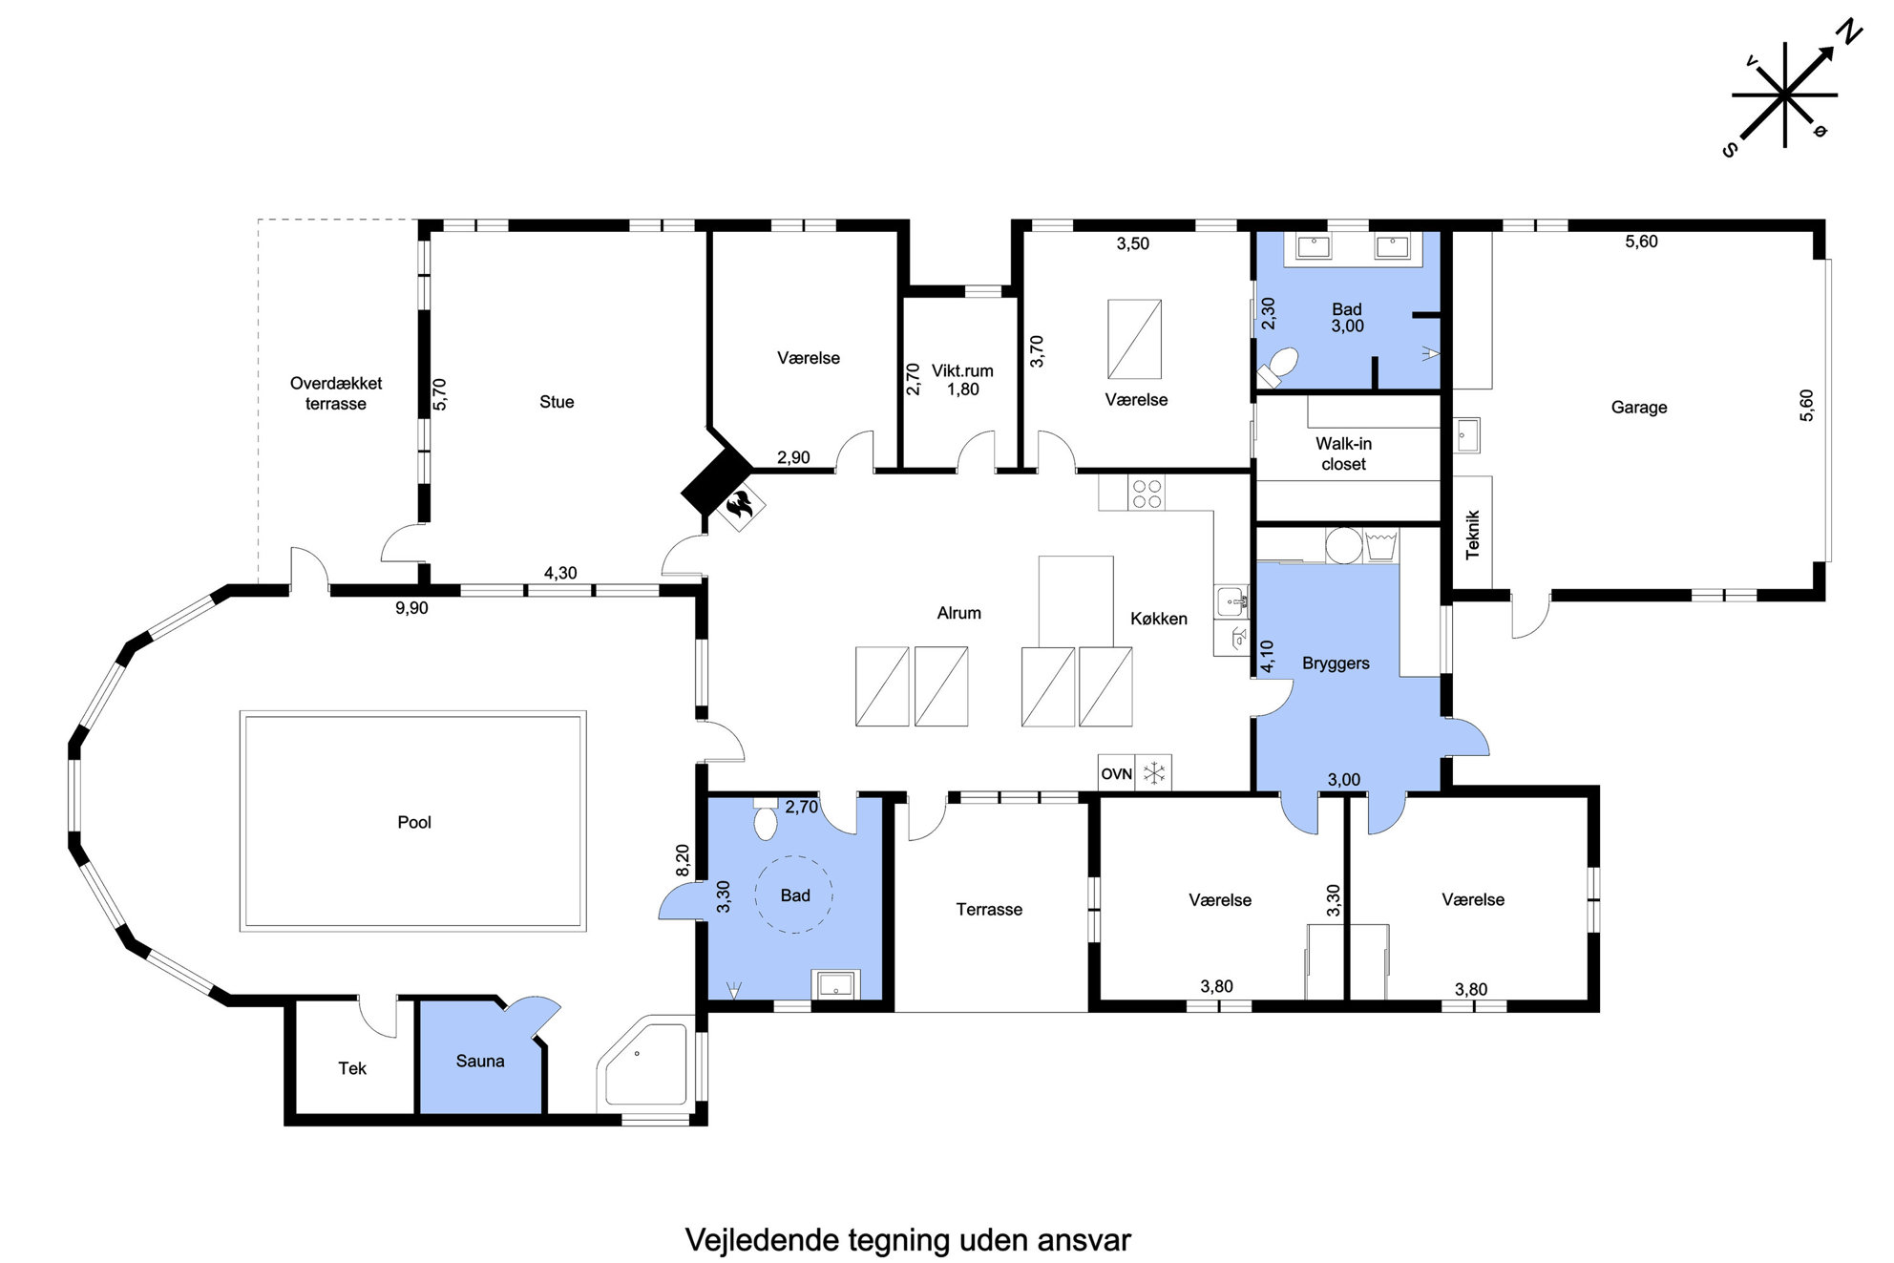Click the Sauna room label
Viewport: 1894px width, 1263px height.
coord(479,1061)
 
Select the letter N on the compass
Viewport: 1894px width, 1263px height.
coord(1850,33)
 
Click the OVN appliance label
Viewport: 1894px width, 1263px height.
coord(1116,773)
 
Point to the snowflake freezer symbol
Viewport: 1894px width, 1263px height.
coord(1154,773)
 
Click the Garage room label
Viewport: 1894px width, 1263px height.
coord(1639,408)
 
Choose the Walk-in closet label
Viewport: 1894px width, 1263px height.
coord(1343,453)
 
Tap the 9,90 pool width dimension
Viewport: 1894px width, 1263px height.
coord(411,608)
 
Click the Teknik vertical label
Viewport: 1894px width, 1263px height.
coord(1472,535)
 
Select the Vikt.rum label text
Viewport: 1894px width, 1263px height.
coord(962,370)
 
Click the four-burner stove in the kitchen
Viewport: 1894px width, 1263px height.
coord(1147,493)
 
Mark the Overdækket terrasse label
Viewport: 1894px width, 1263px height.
coord(336,393)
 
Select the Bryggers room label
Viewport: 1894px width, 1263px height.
coord(1336,663)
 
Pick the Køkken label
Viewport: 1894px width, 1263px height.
coord(1159,619)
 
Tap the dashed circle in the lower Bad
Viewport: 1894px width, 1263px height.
coord(793,894)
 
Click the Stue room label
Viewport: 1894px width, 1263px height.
coord(557,402)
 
